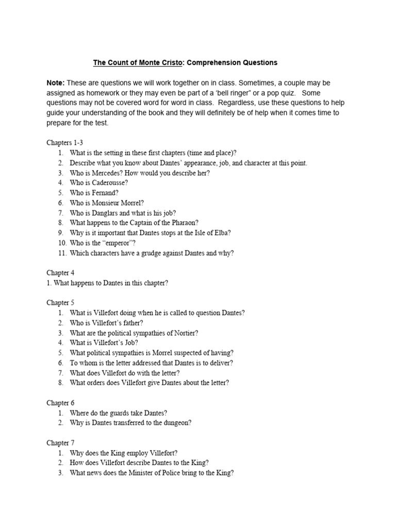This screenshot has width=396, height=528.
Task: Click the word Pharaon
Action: coord(172,223)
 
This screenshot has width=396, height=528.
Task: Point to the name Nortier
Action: coord(186,333)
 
